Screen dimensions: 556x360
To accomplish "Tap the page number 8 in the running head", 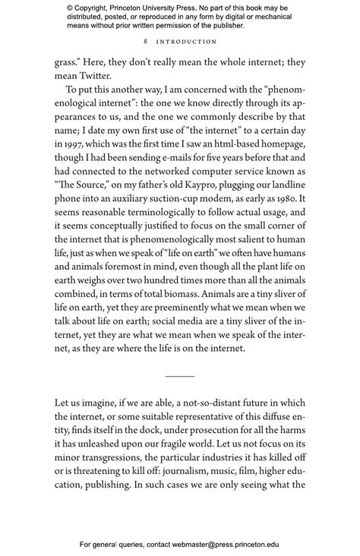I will (145, 42).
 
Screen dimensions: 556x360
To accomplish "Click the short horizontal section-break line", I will (180, 376).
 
